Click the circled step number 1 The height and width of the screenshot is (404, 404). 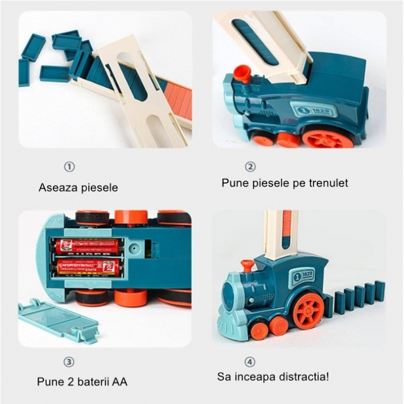69,167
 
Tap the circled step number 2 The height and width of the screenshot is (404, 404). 250,167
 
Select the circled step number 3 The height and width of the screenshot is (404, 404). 69,362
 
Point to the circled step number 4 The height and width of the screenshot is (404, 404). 250,362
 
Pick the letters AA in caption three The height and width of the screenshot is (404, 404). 120,381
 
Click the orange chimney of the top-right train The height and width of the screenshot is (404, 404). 242,73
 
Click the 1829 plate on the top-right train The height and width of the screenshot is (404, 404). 312,110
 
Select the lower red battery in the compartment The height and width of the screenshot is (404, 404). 88,267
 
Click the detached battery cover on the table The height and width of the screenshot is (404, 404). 57,321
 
